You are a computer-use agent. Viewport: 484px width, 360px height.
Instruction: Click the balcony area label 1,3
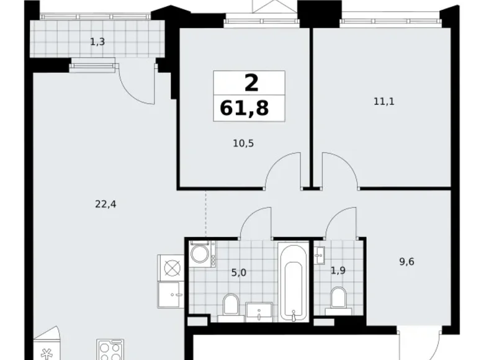(x=97, y=42)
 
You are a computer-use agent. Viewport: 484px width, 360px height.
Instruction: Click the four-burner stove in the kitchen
(x=109, y=349)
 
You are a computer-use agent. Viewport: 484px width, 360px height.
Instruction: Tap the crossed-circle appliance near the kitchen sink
(x=172, y=269)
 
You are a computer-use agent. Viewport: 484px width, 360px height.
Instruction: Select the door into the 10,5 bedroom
(x=282, y=171)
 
